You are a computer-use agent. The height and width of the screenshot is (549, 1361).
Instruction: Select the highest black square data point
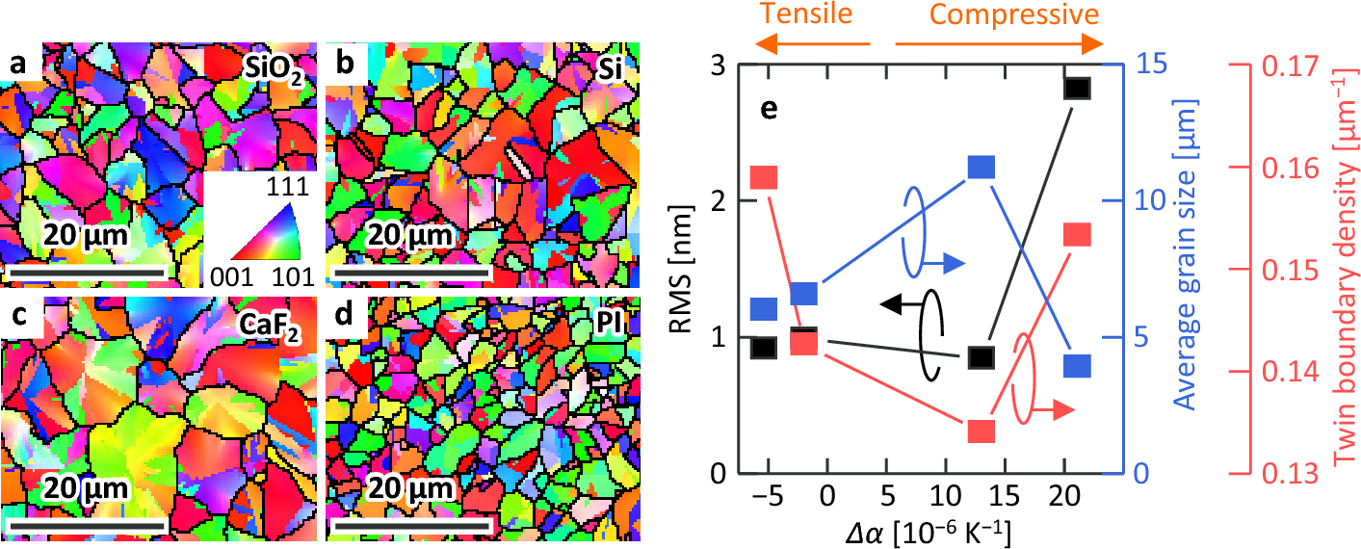[1077, 88]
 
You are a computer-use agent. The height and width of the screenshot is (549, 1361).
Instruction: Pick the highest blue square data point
[981, 168]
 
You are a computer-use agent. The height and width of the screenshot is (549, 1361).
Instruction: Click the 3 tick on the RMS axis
[719, 65]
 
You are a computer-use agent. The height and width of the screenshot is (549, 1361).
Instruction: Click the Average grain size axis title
[1194, 270]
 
